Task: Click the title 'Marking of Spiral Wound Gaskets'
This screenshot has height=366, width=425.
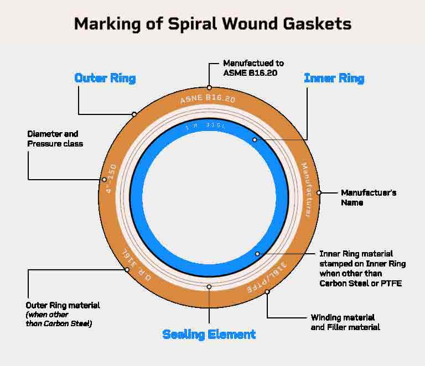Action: [x=212, y=24]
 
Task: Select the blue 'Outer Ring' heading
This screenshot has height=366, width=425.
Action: [x=105, y=78]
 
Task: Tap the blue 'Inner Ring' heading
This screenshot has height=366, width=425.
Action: [x=334, y=79]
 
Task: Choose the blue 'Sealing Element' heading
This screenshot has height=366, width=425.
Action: [x=209, y=334]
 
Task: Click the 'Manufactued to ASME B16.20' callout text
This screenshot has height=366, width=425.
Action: [x=253, y=68]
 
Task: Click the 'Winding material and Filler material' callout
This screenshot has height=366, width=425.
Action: [x=343, y=322]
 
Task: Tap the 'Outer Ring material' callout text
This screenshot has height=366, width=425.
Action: [x=63, y=305]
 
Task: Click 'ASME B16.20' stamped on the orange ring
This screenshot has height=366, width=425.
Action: [x=209, y=100]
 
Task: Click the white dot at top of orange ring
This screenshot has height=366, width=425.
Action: [x=209, y=87]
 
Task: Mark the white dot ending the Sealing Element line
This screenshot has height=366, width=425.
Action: [x=209, y=287]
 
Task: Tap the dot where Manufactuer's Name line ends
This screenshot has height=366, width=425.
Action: [x=319, y=193]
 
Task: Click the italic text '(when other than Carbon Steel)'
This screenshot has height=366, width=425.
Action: [x=59, y=319]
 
